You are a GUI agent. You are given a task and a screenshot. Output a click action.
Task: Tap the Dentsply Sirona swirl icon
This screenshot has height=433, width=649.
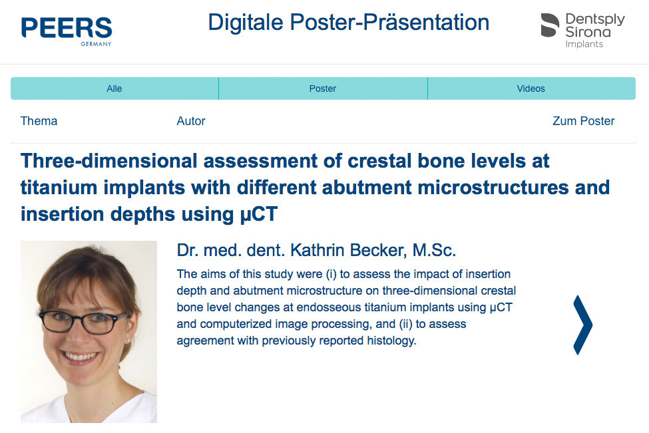[550, 25]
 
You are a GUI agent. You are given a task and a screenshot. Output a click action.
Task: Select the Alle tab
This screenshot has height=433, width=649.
[114, 88]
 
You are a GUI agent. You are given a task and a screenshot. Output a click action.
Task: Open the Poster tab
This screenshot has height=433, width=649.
[323, 88]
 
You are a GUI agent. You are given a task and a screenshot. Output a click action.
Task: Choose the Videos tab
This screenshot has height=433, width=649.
[531, 88]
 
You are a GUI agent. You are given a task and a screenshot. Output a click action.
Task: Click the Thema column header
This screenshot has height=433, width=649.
[39, 121]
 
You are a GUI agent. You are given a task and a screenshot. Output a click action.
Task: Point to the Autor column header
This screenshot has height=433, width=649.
[191, 121]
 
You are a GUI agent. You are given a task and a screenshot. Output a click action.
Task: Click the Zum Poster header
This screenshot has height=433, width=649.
[584, 121]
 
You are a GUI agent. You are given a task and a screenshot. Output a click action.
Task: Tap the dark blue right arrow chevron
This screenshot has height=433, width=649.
[583, 325]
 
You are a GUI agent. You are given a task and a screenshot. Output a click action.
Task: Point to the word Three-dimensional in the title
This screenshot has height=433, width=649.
[109, 161]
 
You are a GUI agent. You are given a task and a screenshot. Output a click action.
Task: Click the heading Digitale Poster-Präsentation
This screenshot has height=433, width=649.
[349, 23]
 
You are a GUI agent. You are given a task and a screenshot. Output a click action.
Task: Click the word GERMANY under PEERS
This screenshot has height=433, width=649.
[96, 44]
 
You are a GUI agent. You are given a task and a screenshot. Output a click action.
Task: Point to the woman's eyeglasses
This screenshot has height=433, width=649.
[83, 322]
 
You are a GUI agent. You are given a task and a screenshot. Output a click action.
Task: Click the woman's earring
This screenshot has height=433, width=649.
[128, 341]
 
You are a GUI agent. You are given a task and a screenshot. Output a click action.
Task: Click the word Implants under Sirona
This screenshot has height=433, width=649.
[584, 45]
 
